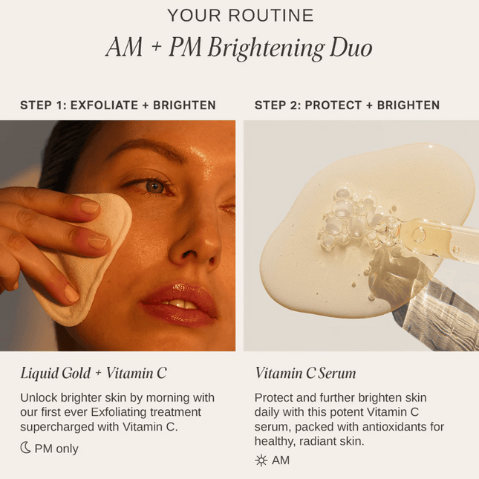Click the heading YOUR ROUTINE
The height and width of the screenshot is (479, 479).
point(241,16)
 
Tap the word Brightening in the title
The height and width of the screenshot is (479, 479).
point(266,48)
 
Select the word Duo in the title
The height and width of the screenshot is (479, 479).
point(351,47)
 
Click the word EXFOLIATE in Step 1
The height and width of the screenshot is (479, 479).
point(104,105)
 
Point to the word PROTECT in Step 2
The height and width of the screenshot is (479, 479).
point(333,105)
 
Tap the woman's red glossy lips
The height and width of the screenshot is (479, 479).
point(180,304)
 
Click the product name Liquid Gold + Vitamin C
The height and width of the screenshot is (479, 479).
point(94,373)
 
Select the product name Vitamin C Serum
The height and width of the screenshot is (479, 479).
point(305,373)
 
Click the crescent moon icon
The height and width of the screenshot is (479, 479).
point(26,448)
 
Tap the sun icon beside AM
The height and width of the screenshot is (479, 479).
point(261,460)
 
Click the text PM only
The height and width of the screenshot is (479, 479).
point(56,449)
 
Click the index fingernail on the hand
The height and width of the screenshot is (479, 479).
point(90,206)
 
